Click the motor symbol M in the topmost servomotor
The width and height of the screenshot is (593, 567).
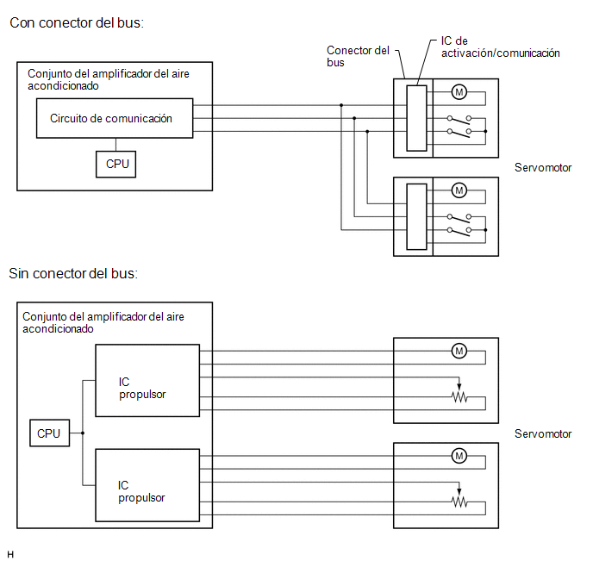[x=459, y=92]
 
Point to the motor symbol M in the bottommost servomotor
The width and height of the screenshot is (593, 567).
[x=459, y=456]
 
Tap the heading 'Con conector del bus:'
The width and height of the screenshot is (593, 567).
[x=77, y=23]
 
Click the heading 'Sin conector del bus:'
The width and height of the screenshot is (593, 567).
[x=73, y=273]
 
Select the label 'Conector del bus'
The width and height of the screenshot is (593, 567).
[x=358, y=56]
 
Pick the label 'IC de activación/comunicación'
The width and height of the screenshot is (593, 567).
[x=500, y=47]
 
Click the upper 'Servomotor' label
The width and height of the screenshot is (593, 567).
[x=543, y=167]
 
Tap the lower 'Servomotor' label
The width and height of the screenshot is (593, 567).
[x=543, y=433]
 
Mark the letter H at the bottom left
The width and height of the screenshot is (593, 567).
[x=10, y=555]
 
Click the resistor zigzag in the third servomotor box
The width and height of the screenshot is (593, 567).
[x=459, y=397]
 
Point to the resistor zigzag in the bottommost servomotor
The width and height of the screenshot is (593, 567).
[x=459, y=502]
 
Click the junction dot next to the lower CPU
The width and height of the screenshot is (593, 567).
[x=83, y=433]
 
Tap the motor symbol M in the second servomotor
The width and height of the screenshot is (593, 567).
[x=459, y=190]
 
